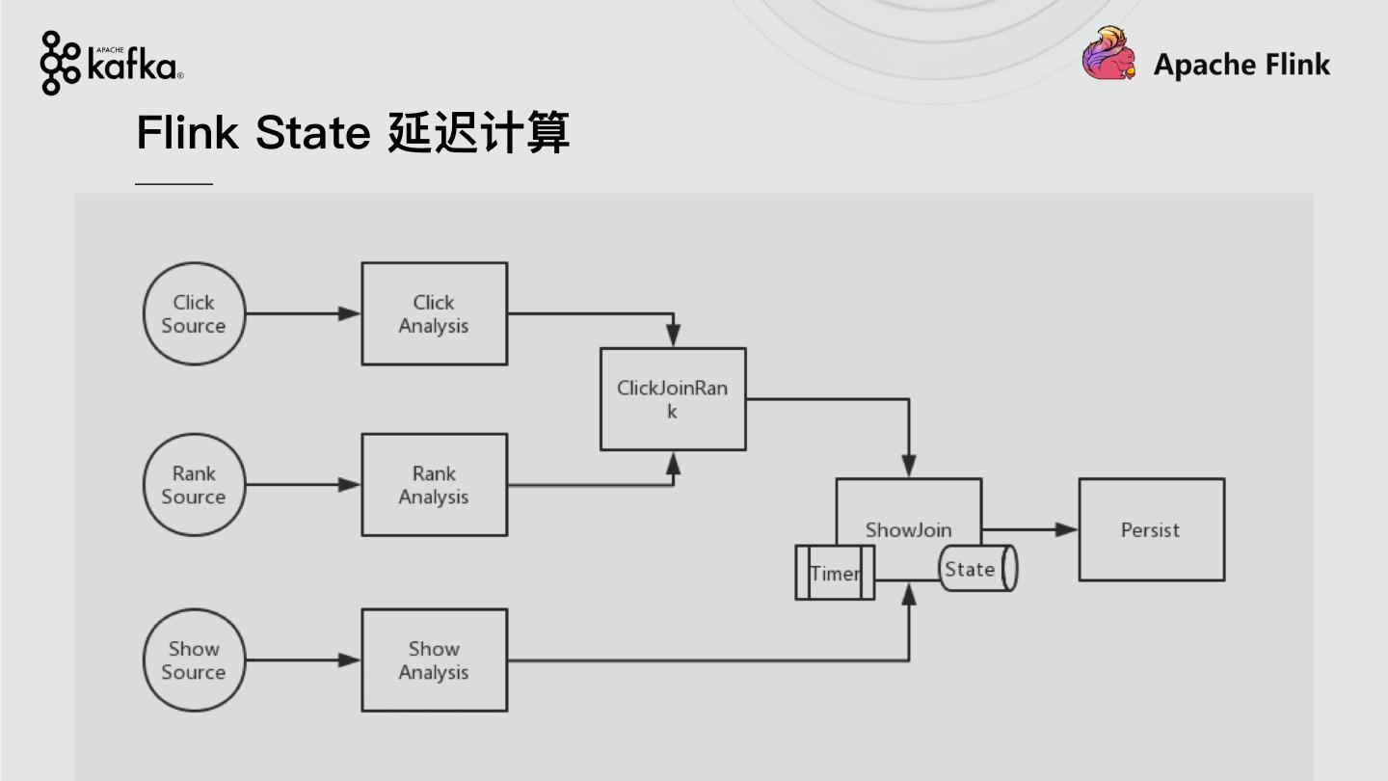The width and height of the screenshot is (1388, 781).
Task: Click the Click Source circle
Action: [x=194, y=314]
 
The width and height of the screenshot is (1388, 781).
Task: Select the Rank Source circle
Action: [x=194, y=485]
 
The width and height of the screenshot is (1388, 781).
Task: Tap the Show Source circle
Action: [x=194, y=660]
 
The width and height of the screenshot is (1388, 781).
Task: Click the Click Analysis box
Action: [x=434, y=314]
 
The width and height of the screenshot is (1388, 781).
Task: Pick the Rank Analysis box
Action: [x=434, y=485]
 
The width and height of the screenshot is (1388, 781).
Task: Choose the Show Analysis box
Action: [x=434, y=660]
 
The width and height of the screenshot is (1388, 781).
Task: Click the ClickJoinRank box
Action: [x=673, y=399]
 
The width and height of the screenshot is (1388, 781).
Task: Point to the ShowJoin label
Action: [x=908, y=529]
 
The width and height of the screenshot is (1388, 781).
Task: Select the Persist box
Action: [x=1151, y=529]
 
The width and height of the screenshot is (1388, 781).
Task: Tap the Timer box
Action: [x=835, y=573]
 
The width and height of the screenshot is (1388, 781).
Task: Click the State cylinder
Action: [x=977, y=569]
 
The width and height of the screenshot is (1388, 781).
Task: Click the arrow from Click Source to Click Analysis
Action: [x=303, y=313]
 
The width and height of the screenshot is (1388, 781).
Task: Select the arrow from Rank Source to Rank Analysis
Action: [x=303, y=484]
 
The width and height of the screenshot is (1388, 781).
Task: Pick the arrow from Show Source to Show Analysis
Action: [x=303, y=660]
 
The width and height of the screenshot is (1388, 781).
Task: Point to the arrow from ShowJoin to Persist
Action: [x=1029, y=529]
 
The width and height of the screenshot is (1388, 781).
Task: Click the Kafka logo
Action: [x=112, y=64]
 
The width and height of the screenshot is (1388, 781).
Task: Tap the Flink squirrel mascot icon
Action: [x=1108, y=54]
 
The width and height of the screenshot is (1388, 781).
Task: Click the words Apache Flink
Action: [x=1241, y=65]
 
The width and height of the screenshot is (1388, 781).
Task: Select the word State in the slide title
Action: [x=312, y=132]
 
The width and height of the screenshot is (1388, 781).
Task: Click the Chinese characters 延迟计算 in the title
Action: [x=478, y=132]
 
